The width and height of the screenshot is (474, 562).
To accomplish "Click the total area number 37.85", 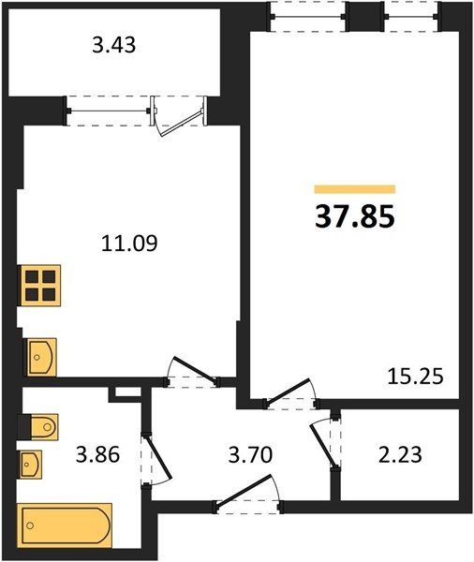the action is [355, 217].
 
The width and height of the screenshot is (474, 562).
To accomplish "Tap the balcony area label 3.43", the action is [114, 46].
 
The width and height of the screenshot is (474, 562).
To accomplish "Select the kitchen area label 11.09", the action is [129, 244].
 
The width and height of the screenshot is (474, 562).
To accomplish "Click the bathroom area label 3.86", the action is [97, 455].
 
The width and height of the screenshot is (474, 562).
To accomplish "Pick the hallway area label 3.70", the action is [251, 455].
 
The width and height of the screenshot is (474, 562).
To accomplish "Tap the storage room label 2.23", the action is [400, 455].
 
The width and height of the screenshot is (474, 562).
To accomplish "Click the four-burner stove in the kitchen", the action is [40, 286].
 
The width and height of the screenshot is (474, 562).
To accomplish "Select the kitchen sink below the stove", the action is [40, 357].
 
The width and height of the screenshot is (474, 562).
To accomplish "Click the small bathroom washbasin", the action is [30, 465].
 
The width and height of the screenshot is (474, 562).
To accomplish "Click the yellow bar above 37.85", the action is [355, 189].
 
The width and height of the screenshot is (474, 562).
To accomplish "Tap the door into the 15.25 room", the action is [289, 392].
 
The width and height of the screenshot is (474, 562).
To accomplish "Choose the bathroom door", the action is [157, 458].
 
